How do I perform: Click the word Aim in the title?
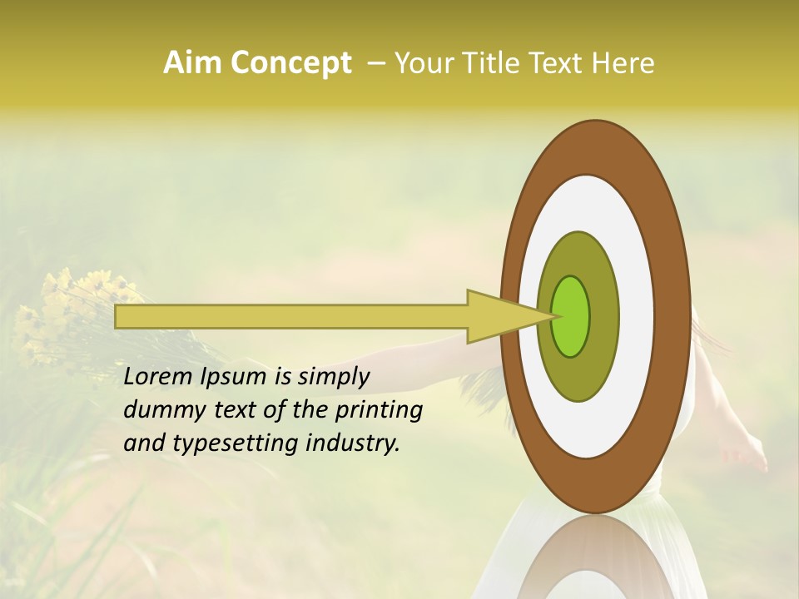pyautogui.click(x=192, y=63)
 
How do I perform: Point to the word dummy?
pyautogui.click(x=158, y=410)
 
